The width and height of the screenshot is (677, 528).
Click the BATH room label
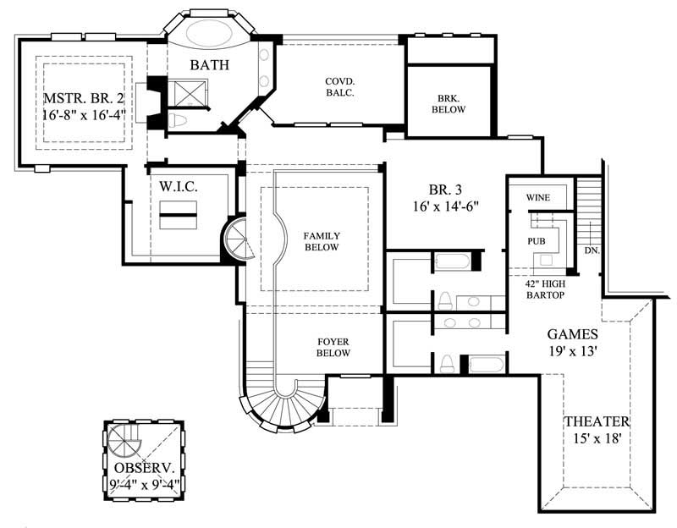206,64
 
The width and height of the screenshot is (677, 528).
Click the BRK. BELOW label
448,103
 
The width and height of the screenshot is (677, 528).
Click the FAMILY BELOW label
322,241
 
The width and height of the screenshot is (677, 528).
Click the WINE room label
538,198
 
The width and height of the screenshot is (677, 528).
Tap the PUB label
536,241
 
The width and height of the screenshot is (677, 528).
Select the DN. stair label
592,251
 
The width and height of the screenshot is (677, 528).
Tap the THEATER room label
597,421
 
